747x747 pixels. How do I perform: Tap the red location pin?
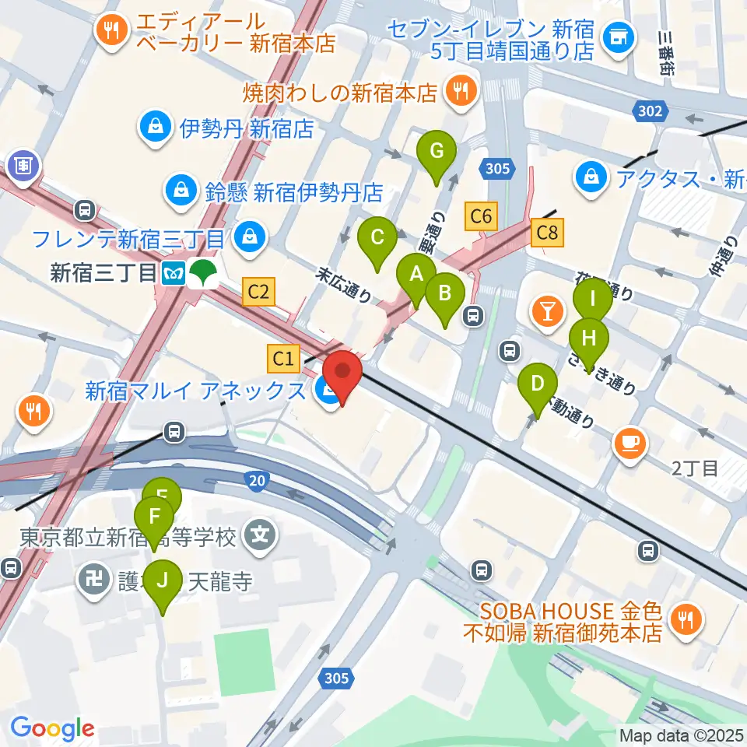click(x=342, y=376)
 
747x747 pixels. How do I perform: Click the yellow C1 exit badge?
click(x=284, y=359)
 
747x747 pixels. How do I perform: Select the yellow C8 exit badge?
click(x=547, y=232)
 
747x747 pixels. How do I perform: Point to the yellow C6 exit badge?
click(x=481, y=216)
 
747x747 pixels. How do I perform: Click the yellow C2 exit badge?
click(x=258, y=292)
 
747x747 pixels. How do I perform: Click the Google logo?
click(x=52, y=728)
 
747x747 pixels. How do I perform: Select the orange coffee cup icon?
click(x=630, y=444)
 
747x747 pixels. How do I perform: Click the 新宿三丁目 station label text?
click(x=103, y=273)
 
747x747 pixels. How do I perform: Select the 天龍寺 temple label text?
click(x=224, y=582)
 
